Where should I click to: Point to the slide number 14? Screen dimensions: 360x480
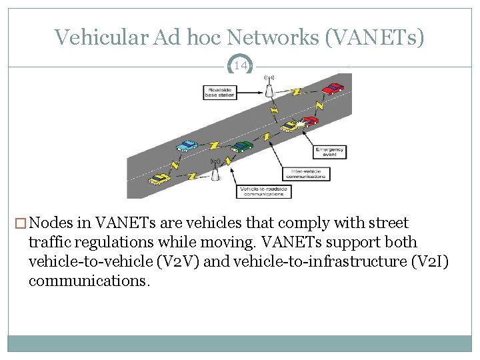tap(240, 65)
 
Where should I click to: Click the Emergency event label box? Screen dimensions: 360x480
tap(330, 152)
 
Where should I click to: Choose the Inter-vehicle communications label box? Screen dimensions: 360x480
tap(306, 173)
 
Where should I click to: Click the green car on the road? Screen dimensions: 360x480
tap(243, 146)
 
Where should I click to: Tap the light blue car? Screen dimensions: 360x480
tap(187, 145)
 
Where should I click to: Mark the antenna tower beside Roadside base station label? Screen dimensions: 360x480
tap(270, 89)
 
